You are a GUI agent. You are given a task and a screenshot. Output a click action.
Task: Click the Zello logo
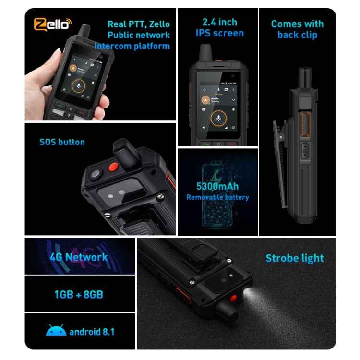point(52,24)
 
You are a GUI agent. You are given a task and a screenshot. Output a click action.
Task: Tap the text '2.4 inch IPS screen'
point(219,28)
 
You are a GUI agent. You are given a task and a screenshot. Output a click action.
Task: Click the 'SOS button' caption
point(62,142)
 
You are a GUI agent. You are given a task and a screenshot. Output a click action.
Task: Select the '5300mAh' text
point(217,186)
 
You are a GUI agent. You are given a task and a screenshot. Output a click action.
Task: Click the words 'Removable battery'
point(217,197)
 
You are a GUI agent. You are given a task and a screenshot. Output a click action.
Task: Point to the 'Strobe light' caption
point(295,258)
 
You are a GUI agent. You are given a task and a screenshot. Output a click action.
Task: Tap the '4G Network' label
point(79,257)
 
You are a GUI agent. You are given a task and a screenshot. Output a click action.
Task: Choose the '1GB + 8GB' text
point(79,294)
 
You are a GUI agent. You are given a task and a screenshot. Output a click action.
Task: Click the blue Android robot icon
point(56,331)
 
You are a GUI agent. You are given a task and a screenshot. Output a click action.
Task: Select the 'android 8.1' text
point(92,331)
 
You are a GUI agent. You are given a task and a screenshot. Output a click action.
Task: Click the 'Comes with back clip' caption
point(297,29)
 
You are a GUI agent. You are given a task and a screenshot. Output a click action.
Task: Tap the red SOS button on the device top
point(114,168)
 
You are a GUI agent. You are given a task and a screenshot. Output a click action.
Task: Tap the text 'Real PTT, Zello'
point(139,24)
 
